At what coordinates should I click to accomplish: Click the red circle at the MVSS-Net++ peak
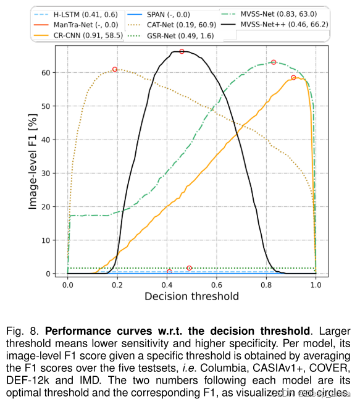182,51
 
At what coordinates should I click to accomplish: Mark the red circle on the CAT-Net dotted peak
115,69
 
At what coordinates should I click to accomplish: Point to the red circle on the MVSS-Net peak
274,62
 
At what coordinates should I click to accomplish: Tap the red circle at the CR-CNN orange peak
293,78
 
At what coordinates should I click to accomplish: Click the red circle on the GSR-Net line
189,268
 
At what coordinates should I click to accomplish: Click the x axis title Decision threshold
191,296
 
